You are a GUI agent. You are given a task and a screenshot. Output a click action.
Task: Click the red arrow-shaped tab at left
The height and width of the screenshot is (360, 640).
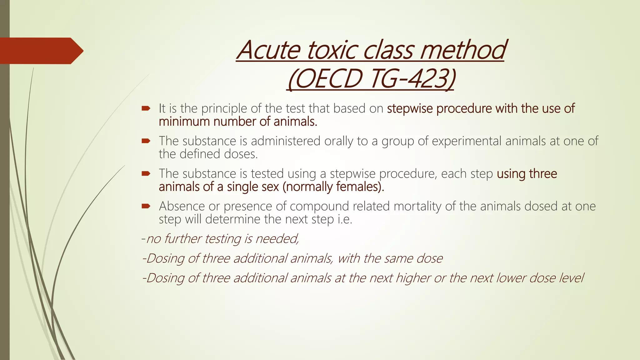click(x=41, y=51)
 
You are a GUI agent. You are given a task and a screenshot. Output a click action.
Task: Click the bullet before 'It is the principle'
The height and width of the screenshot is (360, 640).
click(x=146, y=109)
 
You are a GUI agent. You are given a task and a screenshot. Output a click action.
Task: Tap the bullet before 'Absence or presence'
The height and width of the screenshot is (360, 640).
click(x=146, y=206)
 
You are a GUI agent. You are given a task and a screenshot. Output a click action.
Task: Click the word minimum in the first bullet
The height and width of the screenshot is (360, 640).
click(x=184, y=122)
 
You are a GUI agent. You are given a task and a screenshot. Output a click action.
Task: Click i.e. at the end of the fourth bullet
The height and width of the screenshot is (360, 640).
click(x=345, y=219)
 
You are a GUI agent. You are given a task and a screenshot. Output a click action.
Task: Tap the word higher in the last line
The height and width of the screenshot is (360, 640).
click(x=413, y=278)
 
